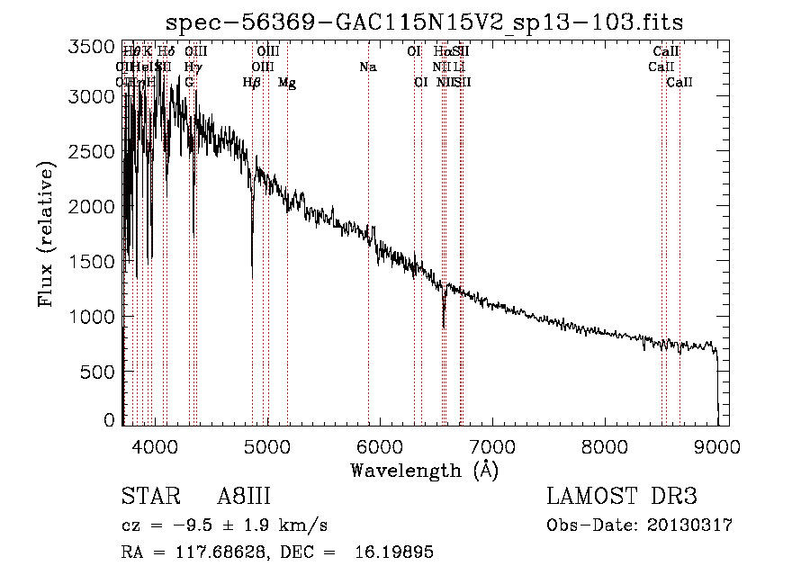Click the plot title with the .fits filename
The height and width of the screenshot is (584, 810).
425,22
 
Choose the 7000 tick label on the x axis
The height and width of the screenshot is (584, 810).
492,445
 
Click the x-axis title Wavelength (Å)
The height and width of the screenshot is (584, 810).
424,470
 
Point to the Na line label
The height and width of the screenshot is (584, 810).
367,67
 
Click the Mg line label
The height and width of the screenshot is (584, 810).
287,83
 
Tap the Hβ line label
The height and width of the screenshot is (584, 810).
252,83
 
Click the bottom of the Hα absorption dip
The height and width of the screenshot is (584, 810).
444,326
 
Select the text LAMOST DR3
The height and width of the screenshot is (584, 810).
622,498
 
